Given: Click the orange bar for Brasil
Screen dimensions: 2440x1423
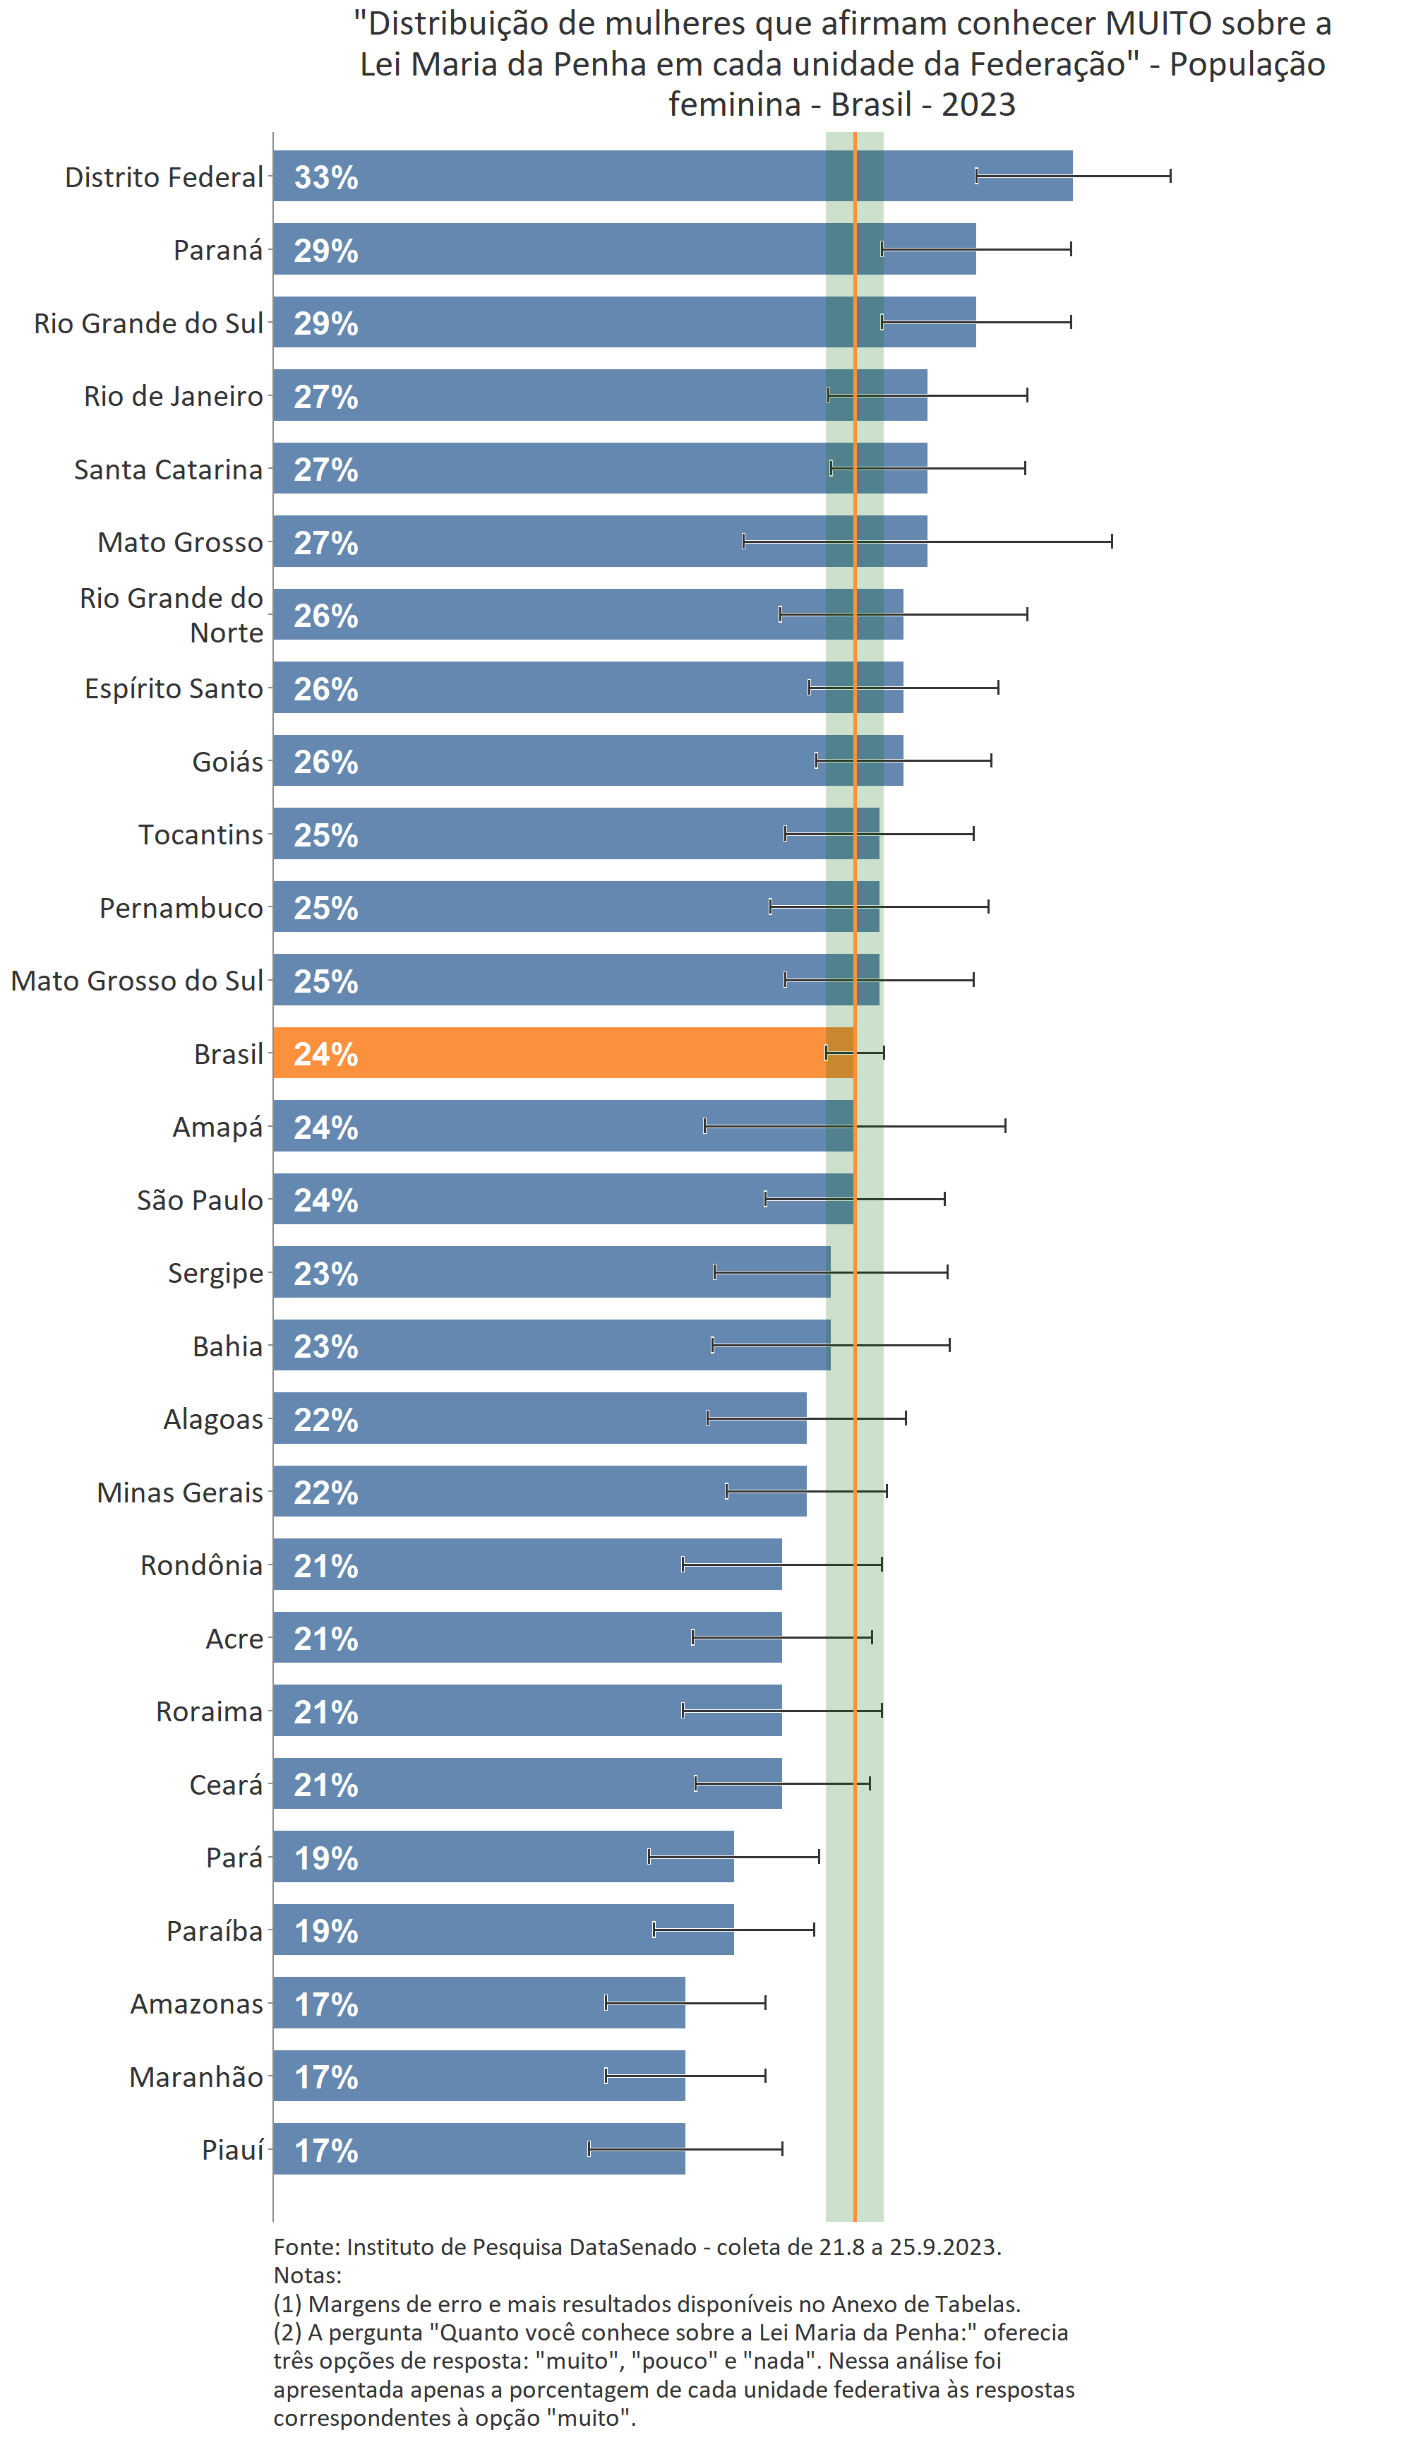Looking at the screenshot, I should pos(561,1053).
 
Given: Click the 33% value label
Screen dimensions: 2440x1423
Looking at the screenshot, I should pos(326,177).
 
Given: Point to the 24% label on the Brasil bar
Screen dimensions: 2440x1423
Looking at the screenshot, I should pos(326,1054).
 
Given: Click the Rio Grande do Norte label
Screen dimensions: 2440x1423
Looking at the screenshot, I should pos(172,615).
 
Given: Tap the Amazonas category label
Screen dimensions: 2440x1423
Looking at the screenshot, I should pos(196,2004).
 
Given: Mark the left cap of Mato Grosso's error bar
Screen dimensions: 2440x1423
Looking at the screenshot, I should pos(743,542).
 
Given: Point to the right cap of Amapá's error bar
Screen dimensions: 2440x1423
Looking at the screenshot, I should pos(1005,1125).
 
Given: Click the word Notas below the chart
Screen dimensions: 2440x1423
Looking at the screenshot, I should pos(306,2275).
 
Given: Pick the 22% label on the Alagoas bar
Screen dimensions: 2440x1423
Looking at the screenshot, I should pos(326,1421).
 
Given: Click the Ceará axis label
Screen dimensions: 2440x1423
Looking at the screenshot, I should pos(226,1786).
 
